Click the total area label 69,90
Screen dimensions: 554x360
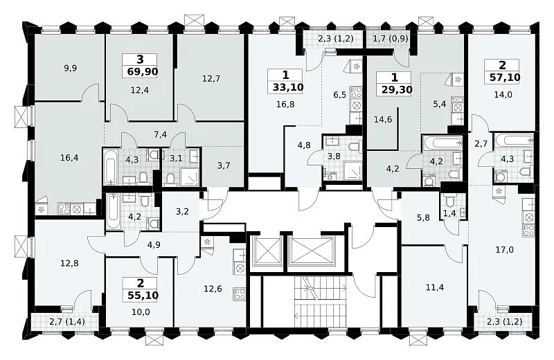point(142,72)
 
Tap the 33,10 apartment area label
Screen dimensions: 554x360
point(288,87)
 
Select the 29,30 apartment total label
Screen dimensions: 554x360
point(397,90)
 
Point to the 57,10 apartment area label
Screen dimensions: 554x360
point(505,77)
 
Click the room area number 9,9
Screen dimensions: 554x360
point(71,68)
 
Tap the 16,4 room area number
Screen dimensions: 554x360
point(69,158)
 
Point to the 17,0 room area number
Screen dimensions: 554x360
point(505,250)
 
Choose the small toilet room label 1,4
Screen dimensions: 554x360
point(449,213)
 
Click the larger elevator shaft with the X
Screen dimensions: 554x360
point(311,251)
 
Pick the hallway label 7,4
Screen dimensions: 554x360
point(161,134)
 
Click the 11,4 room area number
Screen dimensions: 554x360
point(435,287)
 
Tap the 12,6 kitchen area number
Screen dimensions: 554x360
point(213,289)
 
